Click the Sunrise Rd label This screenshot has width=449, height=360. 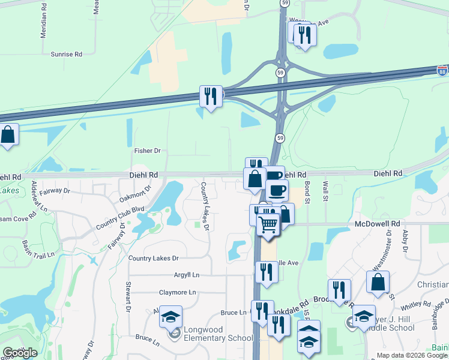tap(66, 54)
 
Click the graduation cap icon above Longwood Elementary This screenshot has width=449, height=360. tap(171, 316)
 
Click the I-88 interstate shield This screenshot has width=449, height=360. tap(442, 70)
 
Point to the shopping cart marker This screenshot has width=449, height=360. tap(268, 225)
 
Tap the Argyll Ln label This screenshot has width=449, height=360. tap(186, 275)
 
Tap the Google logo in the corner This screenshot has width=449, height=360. tap(19, 352)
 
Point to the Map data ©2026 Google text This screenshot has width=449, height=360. tap(412, 355)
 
